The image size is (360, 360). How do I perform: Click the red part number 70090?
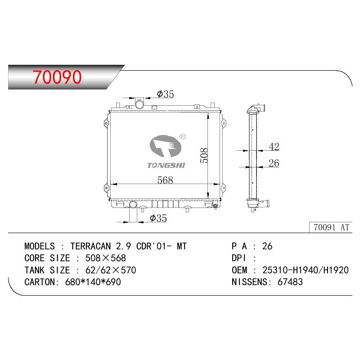pos(57,77)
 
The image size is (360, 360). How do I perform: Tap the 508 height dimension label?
pos(204,155)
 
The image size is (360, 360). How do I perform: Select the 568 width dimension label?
pos(165,180)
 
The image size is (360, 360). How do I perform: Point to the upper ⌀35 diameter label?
pos(165,94)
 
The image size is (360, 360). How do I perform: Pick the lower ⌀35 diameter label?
pos(158,218)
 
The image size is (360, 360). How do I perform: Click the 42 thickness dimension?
pos(274,147)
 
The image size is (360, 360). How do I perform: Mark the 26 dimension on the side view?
pos(274,163)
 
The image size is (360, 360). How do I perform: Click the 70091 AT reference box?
pos(331,227)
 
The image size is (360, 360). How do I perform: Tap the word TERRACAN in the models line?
pos(91,246)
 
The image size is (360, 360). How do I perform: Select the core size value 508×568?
pos(106,258)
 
